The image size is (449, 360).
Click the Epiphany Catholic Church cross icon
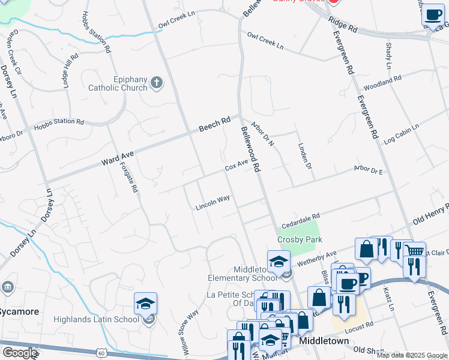click(157, 83)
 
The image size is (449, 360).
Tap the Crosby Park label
click(300, 239)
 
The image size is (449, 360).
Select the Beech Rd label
click(215, 124)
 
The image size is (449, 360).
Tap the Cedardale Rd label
click(301, 218)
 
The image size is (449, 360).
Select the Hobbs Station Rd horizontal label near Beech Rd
click(59, 122)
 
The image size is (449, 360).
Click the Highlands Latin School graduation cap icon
click(145, 304)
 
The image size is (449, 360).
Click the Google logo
click(20, 353)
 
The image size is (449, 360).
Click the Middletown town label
click(324, 341)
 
